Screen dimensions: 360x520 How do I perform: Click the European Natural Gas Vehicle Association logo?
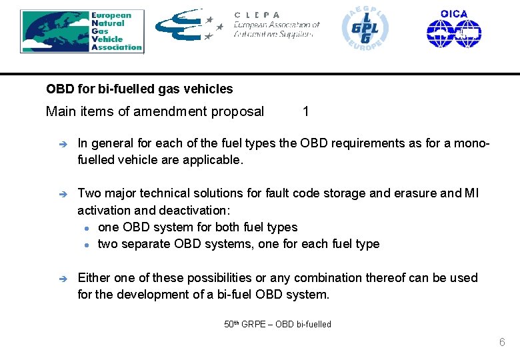[x=81, y=31]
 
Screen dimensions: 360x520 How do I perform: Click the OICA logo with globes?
[x=454, y=29]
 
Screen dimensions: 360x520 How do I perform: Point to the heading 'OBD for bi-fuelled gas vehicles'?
[x=139, y=89]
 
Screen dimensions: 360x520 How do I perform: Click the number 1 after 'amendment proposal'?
[x=305, y=111]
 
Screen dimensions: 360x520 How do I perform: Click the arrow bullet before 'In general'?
[x=59, y=143]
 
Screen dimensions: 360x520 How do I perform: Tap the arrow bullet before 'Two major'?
[x=59, y=193]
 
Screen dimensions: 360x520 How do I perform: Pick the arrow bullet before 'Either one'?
[x=59, y=277]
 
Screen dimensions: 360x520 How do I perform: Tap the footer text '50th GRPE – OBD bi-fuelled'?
[x=277, y=324]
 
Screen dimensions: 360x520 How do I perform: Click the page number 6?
[x=502, y=343]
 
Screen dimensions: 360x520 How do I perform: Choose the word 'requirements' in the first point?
[x=366, y=143]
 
